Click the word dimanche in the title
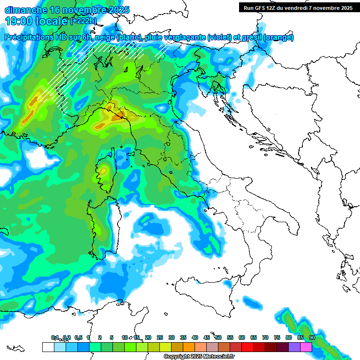(x=26, y=9)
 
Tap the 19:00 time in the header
(x=18, y=21)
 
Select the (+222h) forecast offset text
(x=83, y=21)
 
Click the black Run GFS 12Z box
(x=298, y=7)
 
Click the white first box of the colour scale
(x=48, y=347)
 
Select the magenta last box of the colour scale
(x=306, y=347)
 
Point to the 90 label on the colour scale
(x=312, y=337)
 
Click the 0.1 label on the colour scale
(x=55, y=337)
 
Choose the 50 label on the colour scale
(x=218, y=337)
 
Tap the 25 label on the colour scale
(x=160, y=337)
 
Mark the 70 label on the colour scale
(x=265, y=337)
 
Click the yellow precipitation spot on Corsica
(x=103, y=170)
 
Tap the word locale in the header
(x=52, y=21)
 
